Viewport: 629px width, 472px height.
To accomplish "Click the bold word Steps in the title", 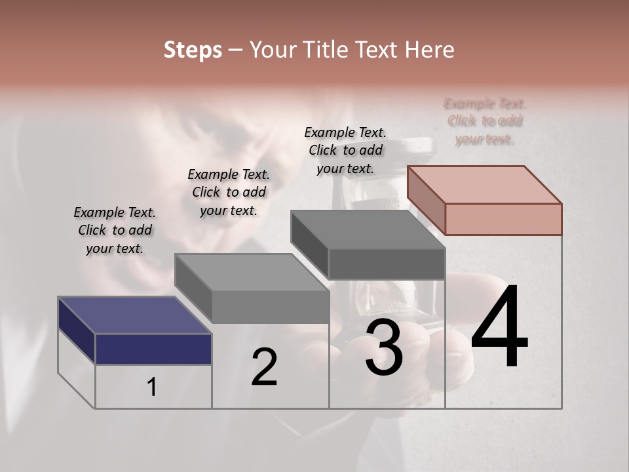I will pos(193,50).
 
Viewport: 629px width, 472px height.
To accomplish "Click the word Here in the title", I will pos(429,50).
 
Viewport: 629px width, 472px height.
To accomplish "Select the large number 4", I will pos(499,328).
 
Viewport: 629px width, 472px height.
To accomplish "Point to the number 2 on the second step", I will pos(265,367).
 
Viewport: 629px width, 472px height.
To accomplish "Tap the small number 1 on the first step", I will pos(152,387).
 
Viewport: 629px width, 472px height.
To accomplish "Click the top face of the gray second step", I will pos(252,272).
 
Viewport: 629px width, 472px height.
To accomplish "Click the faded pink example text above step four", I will pos(485,121).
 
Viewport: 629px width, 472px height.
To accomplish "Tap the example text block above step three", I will pos(345,150).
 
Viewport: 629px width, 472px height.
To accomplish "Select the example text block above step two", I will pos(229,192).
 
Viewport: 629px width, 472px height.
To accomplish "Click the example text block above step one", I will pos(115,230).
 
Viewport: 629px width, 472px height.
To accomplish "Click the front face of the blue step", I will pos(153,349).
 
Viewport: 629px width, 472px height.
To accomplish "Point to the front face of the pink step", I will pos(503,219).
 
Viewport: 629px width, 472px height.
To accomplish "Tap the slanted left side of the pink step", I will pos(426,200).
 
